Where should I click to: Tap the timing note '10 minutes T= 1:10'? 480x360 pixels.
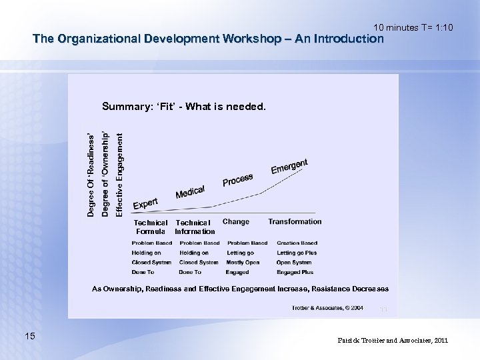413,27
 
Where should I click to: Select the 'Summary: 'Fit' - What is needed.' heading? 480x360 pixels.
183,106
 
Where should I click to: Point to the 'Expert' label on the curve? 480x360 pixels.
145,203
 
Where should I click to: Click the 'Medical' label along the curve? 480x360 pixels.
190,192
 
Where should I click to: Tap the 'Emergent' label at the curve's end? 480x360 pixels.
289,167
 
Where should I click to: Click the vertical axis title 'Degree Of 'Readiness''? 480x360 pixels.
91,173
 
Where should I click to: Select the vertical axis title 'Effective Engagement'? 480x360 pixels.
119,173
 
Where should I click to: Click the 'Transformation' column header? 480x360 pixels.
295,221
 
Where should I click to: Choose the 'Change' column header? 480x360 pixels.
236,221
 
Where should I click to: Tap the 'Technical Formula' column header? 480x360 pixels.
151,227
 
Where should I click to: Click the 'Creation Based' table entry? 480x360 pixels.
297,243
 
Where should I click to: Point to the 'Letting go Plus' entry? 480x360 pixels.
297,253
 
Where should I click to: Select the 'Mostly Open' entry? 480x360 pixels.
243,263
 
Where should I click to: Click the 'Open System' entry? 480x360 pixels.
293,263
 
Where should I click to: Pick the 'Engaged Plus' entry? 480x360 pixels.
295,272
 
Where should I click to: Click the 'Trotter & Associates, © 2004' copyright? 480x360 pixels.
327,308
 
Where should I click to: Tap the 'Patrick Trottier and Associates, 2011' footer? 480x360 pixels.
393,340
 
